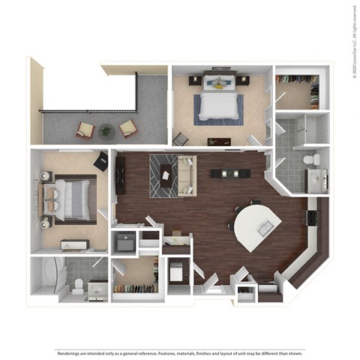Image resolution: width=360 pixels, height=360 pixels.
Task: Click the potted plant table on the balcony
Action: click(x=106, y=130)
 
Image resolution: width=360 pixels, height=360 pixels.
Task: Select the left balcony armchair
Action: click(x=84, y=130)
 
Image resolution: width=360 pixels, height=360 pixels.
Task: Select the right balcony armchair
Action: click(x=127, y=128)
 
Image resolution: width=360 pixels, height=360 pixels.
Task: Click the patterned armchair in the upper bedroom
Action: click(x=181, y=139)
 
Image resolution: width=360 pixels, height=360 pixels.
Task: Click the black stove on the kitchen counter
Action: click(x=311, y=218)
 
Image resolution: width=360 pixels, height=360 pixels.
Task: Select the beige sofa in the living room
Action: click(x=187, y=175)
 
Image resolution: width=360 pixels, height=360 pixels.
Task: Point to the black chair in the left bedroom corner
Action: click(x=101, y=160)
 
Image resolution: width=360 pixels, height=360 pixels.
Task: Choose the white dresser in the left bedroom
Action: click(x=75, y=244)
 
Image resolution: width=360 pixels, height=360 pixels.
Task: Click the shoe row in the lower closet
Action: click(x=136, y=289)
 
